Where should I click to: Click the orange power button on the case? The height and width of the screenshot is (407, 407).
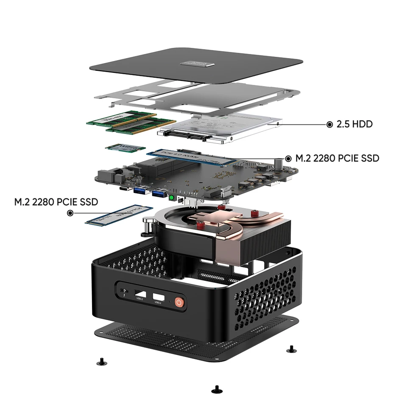[x=179, y=302]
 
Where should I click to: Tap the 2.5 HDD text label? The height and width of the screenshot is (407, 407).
[x=354, y=124]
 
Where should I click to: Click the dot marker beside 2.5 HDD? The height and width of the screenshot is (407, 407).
[x=329, y=124]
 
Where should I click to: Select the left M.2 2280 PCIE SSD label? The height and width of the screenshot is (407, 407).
[x=56, y=201]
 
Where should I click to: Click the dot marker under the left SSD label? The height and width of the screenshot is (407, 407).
[x=70, y=213]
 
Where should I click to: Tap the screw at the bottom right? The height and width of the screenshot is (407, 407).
[x=290, y=349]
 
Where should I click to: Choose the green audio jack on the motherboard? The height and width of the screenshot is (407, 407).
[x=171, y=198]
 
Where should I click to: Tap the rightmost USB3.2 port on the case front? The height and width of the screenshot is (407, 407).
[x=158, y=296]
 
